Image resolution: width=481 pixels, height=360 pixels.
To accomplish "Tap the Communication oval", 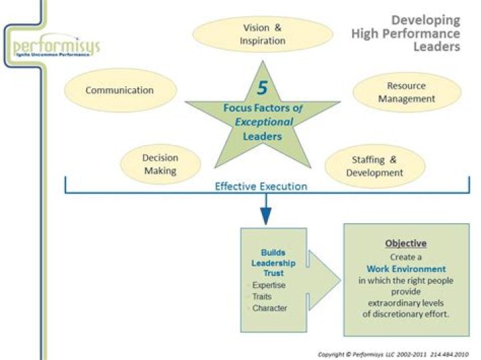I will [x=120, y=90].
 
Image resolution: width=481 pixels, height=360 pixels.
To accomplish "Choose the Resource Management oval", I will [x=406, y=93].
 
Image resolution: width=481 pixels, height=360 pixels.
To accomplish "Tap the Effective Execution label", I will [x=261, y=186].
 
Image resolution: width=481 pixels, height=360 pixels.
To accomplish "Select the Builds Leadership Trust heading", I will [x=273, y=263].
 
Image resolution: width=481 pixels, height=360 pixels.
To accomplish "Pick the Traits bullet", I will [x=262, y=297].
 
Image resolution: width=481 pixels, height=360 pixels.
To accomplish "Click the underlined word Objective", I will [x=406, y=243].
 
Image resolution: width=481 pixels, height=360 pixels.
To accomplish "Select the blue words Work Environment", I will [x=406, y=268].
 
